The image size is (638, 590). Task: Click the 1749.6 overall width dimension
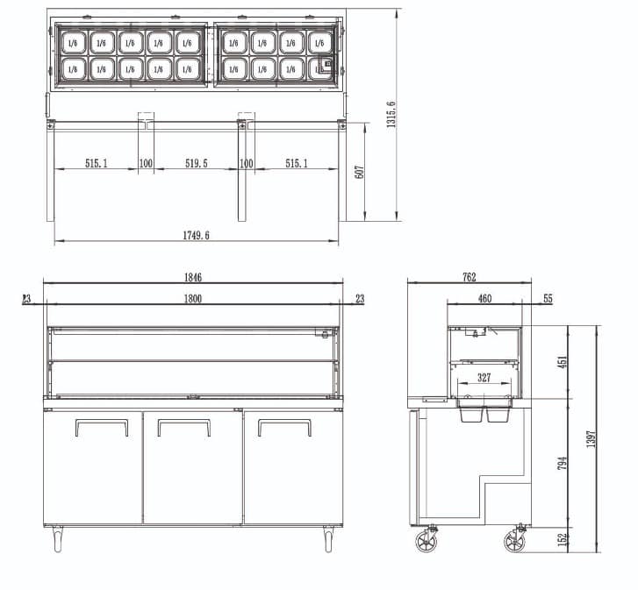click(196, 235)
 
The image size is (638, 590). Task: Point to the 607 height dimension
click(359, 172)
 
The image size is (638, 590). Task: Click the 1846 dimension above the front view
click(193, 277)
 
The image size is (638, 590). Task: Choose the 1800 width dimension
click(193, 299)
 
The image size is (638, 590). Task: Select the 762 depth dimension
click(469, 277)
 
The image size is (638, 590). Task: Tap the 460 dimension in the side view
click(484, 299)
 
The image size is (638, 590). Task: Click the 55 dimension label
click(548, 299)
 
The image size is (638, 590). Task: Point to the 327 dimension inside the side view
click(484, 378)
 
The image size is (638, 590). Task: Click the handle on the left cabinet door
click(102, 428)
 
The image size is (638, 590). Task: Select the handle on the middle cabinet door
click(183, 427)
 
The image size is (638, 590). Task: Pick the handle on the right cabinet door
click(284, 427)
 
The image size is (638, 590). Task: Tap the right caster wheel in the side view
click(514, 542)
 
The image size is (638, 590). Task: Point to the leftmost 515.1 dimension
click(97, 163)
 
